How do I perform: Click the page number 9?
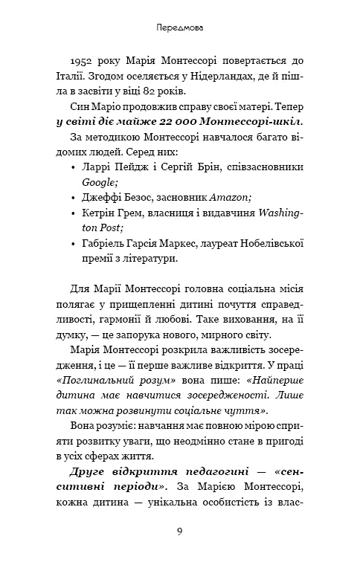pos(180,530)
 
